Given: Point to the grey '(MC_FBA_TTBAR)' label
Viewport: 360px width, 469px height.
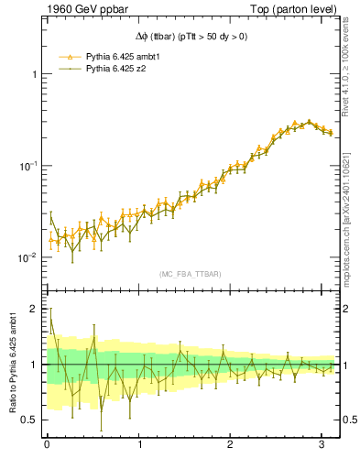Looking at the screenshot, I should pyautogui.click(x=191, y=274).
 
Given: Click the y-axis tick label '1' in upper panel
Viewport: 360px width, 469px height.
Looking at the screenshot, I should pyautogui.click(x=34, y=73).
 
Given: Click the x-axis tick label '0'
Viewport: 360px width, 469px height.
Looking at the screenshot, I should pyautogui.click(x=47, y=445).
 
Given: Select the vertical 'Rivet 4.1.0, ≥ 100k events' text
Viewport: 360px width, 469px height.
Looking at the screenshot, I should pyautogui.click(x=352, y=70).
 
